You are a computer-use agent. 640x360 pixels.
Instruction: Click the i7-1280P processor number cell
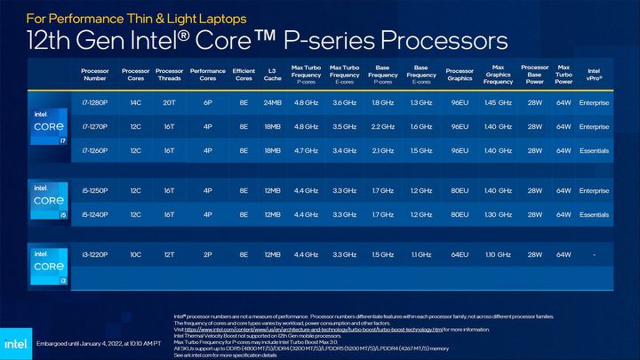point(94,103)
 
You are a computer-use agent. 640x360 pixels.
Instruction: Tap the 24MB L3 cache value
point(272,103)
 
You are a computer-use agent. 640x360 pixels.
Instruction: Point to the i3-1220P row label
point(94,255)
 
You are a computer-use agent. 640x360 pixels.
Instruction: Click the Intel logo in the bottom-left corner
point(15,342)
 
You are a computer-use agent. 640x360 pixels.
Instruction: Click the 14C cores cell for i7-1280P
point(136,103)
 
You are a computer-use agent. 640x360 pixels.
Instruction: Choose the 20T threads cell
point(169,103)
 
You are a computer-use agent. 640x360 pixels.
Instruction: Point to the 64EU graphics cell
point(460,255)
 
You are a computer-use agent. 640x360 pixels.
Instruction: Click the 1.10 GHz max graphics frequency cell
point(498,255)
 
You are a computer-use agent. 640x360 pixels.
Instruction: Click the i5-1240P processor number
point(94,215)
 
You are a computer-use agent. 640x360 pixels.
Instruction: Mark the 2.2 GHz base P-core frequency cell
point(382,127)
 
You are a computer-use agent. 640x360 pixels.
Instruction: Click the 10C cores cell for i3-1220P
point(136,255)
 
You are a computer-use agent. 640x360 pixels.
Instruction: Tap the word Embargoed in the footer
point(52,342)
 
